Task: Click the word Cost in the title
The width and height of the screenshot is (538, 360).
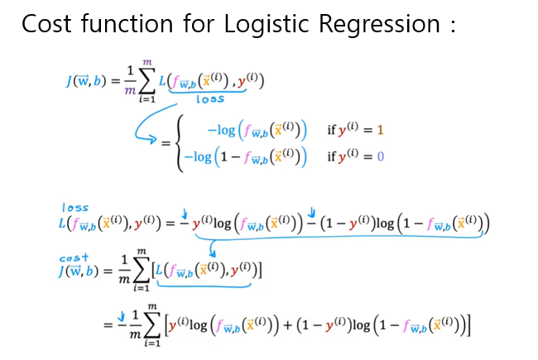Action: (x=49, y=24)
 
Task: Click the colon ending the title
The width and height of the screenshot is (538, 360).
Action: (x=451, y=26)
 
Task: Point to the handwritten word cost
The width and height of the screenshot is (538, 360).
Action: (x=74, y=258)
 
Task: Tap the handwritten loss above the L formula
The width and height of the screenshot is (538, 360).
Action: (x=74, y=207)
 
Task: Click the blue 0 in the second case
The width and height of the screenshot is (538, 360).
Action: (x=381, y=156)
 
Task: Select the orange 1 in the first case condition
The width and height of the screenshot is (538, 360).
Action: (x=380, y=131)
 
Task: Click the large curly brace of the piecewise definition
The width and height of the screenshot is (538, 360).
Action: (x=179, y=143)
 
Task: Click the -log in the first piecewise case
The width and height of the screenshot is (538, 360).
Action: (x=223, y=131)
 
